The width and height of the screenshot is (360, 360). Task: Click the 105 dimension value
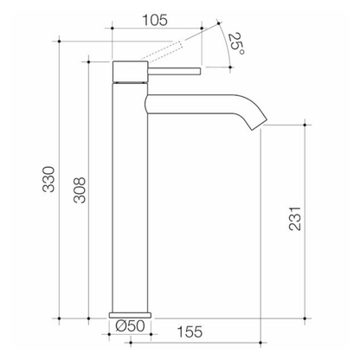[x=155, y=20]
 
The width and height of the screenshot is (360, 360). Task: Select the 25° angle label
[x=236, y=44]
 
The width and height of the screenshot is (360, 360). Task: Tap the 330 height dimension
[x=48, y=179]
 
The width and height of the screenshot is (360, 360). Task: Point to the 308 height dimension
[x=80, y=190]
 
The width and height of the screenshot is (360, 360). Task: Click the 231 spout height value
[x=295, y=218]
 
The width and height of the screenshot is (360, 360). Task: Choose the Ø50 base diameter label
[x=130, y=325]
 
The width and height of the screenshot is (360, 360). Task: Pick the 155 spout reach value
[x=190, y=331]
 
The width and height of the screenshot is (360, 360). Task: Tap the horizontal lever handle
[x=174, y=72]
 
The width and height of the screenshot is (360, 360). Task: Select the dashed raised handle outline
[x=164, y=52]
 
